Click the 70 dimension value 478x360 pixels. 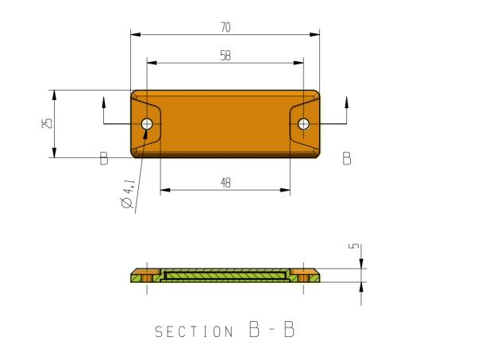(226, 28)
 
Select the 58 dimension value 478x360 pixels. (226, 56)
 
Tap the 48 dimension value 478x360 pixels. (226, 183)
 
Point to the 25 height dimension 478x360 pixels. (48, 123)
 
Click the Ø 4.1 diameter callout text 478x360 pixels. (128, 194)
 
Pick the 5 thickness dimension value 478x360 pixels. (354, 246)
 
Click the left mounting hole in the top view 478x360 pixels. (147, 124)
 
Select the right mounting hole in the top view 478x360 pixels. (303, 124)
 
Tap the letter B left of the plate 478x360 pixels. (104, 158)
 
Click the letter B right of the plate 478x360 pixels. (347, 158)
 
